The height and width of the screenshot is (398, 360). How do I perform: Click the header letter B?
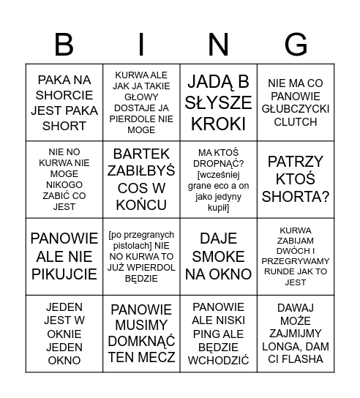pyautogui.click(x=64, y=45)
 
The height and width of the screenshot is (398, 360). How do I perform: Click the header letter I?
pyautogui.click(x=141, y=45)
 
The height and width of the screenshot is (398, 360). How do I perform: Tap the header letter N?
pyautogui.click(x=218, y=45)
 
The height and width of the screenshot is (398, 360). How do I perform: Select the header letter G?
pyautogui.click(x=296, y=45)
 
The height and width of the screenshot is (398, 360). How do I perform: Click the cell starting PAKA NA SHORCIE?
pyautogui.click(x=64, y=102)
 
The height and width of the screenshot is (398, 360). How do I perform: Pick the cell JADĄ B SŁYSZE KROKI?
pyautogui.click(x=218, y=102)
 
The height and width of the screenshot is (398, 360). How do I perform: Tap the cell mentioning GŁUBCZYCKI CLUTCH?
pyautogui.click(x=296, y=102)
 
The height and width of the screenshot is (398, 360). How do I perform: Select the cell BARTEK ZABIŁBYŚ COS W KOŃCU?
pyautogui.click(x=141, y=179)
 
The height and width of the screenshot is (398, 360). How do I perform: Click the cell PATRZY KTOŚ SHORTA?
pyautogui.click(x=296, y=179)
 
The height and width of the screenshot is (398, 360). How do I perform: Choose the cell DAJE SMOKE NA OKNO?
pyautogui.click(x=218, y=256)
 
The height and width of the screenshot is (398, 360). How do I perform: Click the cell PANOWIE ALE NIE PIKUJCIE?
pyautogui.click(x=64, y=256)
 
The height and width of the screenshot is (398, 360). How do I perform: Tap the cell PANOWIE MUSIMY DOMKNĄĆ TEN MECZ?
pyautogui.click(x=141, y=333)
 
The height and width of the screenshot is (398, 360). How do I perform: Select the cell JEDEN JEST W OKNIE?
pyautogui.click(x=64, y=333)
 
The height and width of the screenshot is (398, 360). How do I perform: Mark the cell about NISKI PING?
pyautogui.click(x=218, y=333)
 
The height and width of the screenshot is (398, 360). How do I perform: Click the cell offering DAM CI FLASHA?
pyautogui.click(x=296, y=333)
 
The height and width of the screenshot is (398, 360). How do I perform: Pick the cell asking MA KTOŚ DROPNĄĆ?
pyautogui.click(x=218, y=179)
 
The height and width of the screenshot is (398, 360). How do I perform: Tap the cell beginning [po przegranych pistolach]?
pyautogui.click(x=141, y=256)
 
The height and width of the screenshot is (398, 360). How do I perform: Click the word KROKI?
pyautogui.click(x=218, y=124)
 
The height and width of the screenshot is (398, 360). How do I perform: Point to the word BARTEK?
pyautogui.click(x=141, y=154)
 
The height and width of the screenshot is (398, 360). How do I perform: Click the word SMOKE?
pyautogui.click(x=218, y=257)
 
